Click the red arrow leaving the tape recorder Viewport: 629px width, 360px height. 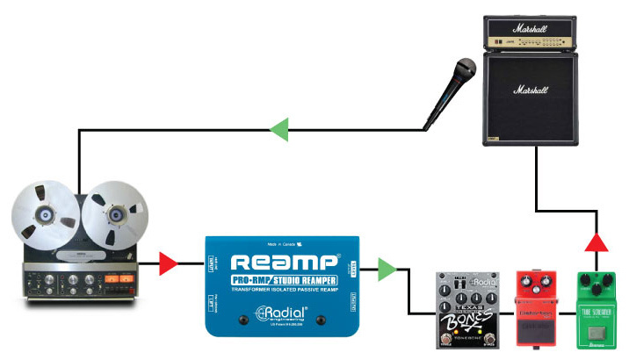point(169,263)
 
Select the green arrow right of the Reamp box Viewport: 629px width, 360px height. point(384,269)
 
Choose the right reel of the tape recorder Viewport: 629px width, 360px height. point(116,211)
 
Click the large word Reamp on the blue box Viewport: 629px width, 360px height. point(285,262)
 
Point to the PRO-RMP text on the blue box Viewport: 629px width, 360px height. point(249,280)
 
